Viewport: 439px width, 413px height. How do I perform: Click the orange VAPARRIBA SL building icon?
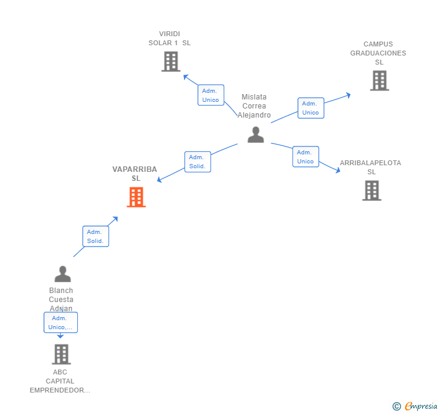click(x=136, y=197)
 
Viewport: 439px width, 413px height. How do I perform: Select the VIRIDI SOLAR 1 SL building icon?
click(x=171, y=61)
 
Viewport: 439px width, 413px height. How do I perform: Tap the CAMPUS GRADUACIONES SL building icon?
click(x=379, y=81)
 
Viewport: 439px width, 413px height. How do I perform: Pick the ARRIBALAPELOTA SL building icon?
click(x=371, y=191)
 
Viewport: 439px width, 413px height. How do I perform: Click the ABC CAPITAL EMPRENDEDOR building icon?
click(x=60, y=355)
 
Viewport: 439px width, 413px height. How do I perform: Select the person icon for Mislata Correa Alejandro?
click(x=256, y=135)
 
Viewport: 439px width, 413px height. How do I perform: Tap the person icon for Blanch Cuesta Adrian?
click(x=62, y=274)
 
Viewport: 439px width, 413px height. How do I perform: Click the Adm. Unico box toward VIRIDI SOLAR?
click(x=210, y=95)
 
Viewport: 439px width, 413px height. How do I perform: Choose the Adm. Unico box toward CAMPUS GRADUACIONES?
click(x=311, y=108)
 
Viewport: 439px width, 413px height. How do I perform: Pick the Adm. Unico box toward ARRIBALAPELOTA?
click(x=305, y=157)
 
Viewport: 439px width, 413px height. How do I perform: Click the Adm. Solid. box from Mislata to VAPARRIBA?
click(x=197, y=162)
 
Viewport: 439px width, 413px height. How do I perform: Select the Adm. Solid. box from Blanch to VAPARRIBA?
click(x=95, y=236)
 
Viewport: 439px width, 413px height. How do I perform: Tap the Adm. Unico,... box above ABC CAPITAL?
click(x=60, y=323)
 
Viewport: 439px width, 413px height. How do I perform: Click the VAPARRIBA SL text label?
click(x=135, y=174)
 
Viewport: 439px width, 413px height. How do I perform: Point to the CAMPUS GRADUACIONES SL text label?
click(x=378, y=53)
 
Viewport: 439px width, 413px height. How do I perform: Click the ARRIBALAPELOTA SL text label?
click(x=370, y=167)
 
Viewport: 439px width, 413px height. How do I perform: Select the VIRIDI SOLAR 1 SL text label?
click(x=169, y=39)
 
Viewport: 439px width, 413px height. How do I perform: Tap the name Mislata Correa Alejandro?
click(x=254, y=106)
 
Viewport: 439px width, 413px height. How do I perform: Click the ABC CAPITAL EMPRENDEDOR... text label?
click(x=60, y=381)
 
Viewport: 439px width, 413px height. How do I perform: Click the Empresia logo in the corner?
click(x=415, y=406)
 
